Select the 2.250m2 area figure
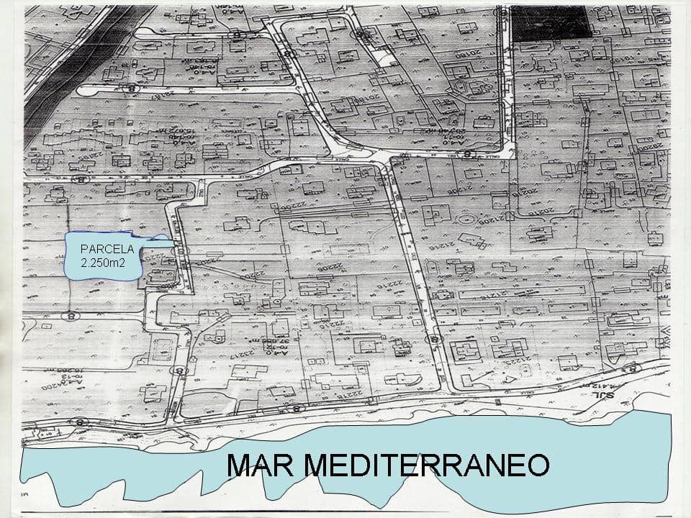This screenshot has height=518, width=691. (103, 264)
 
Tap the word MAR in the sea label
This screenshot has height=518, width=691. (258, 465)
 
